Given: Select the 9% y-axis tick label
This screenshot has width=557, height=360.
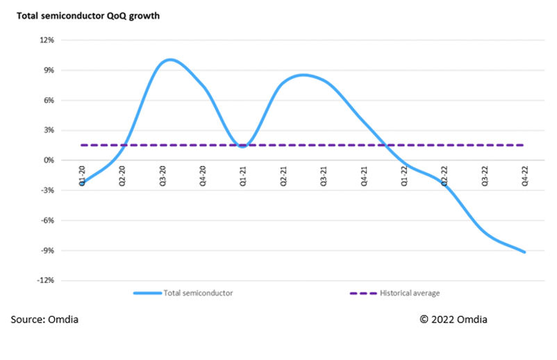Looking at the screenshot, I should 48,70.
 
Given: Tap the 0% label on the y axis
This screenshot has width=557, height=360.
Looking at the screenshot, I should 48,161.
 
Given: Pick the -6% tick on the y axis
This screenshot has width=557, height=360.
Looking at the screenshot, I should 46,221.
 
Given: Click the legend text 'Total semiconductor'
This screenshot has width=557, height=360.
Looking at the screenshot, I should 198,293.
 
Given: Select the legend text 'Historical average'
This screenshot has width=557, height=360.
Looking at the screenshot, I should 410,293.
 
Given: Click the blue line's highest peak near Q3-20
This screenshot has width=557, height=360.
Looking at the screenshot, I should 169,60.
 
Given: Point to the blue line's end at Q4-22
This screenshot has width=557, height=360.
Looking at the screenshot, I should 524,252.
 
